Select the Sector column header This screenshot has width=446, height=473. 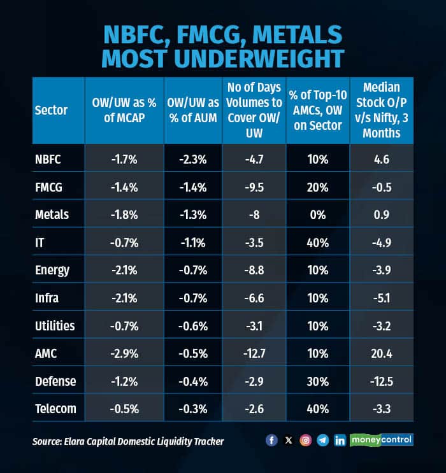point(51,110)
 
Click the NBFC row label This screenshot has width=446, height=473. point(48,160)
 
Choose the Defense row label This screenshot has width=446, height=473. point(55,381)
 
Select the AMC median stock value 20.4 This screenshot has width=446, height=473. point(380,353)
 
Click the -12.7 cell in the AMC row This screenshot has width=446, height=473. point(254,353)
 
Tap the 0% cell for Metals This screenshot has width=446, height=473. point(317,215)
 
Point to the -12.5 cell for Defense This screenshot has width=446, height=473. point(380,381)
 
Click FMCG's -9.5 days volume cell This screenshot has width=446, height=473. point(254,188)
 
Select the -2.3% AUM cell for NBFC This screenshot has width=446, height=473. point(193,160)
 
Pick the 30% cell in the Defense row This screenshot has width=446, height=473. point(317,381)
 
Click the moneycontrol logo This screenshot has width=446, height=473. point(381,440)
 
